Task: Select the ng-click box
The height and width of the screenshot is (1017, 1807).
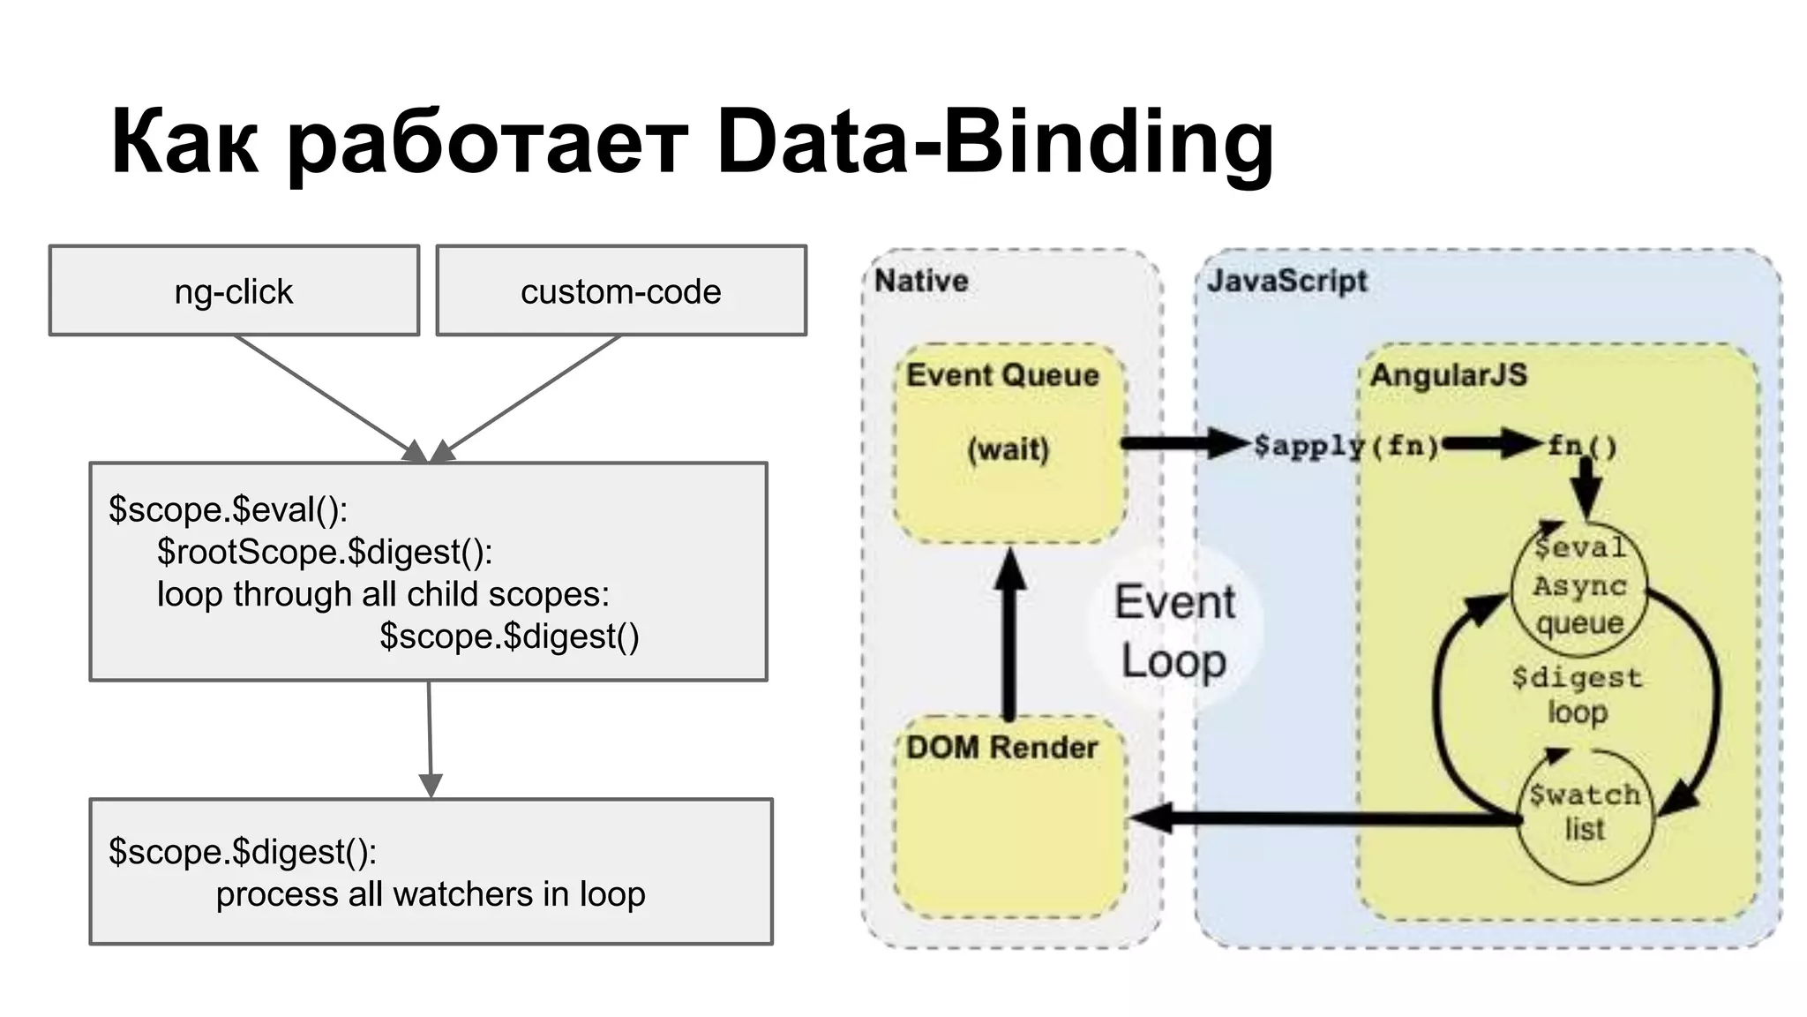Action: (234, 290)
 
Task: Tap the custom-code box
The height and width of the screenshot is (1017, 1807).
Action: (621, 290)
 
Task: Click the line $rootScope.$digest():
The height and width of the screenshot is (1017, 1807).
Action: (325, 552)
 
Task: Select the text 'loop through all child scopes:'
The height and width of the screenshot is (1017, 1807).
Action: (383, 594)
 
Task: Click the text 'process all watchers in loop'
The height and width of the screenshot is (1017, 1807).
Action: (431, 894)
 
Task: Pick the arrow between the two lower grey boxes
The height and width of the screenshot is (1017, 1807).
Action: (430, 737)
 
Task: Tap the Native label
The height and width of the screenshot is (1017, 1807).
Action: (921, 281)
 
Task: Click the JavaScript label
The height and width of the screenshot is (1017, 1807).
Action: (1286, 281)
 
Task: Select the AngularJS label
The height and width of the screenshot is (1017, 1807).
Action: (1448, 374)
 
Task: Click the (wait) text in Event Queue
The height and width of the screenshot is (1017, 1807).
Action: (1008, 449)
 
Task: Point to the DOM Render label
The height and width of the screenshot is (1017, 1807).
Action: (1001, 748)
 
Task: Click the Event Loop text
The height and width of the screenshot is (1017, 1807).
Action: (1174, 631)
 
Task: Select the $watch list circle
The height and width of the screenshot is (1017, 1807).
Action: (1585, 814)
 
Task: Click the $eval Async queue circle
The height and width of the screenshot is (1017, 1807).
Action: (1579, 586)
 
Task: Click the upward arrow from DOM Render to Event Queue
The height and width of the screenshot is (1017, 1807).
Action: (1009, 636)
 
